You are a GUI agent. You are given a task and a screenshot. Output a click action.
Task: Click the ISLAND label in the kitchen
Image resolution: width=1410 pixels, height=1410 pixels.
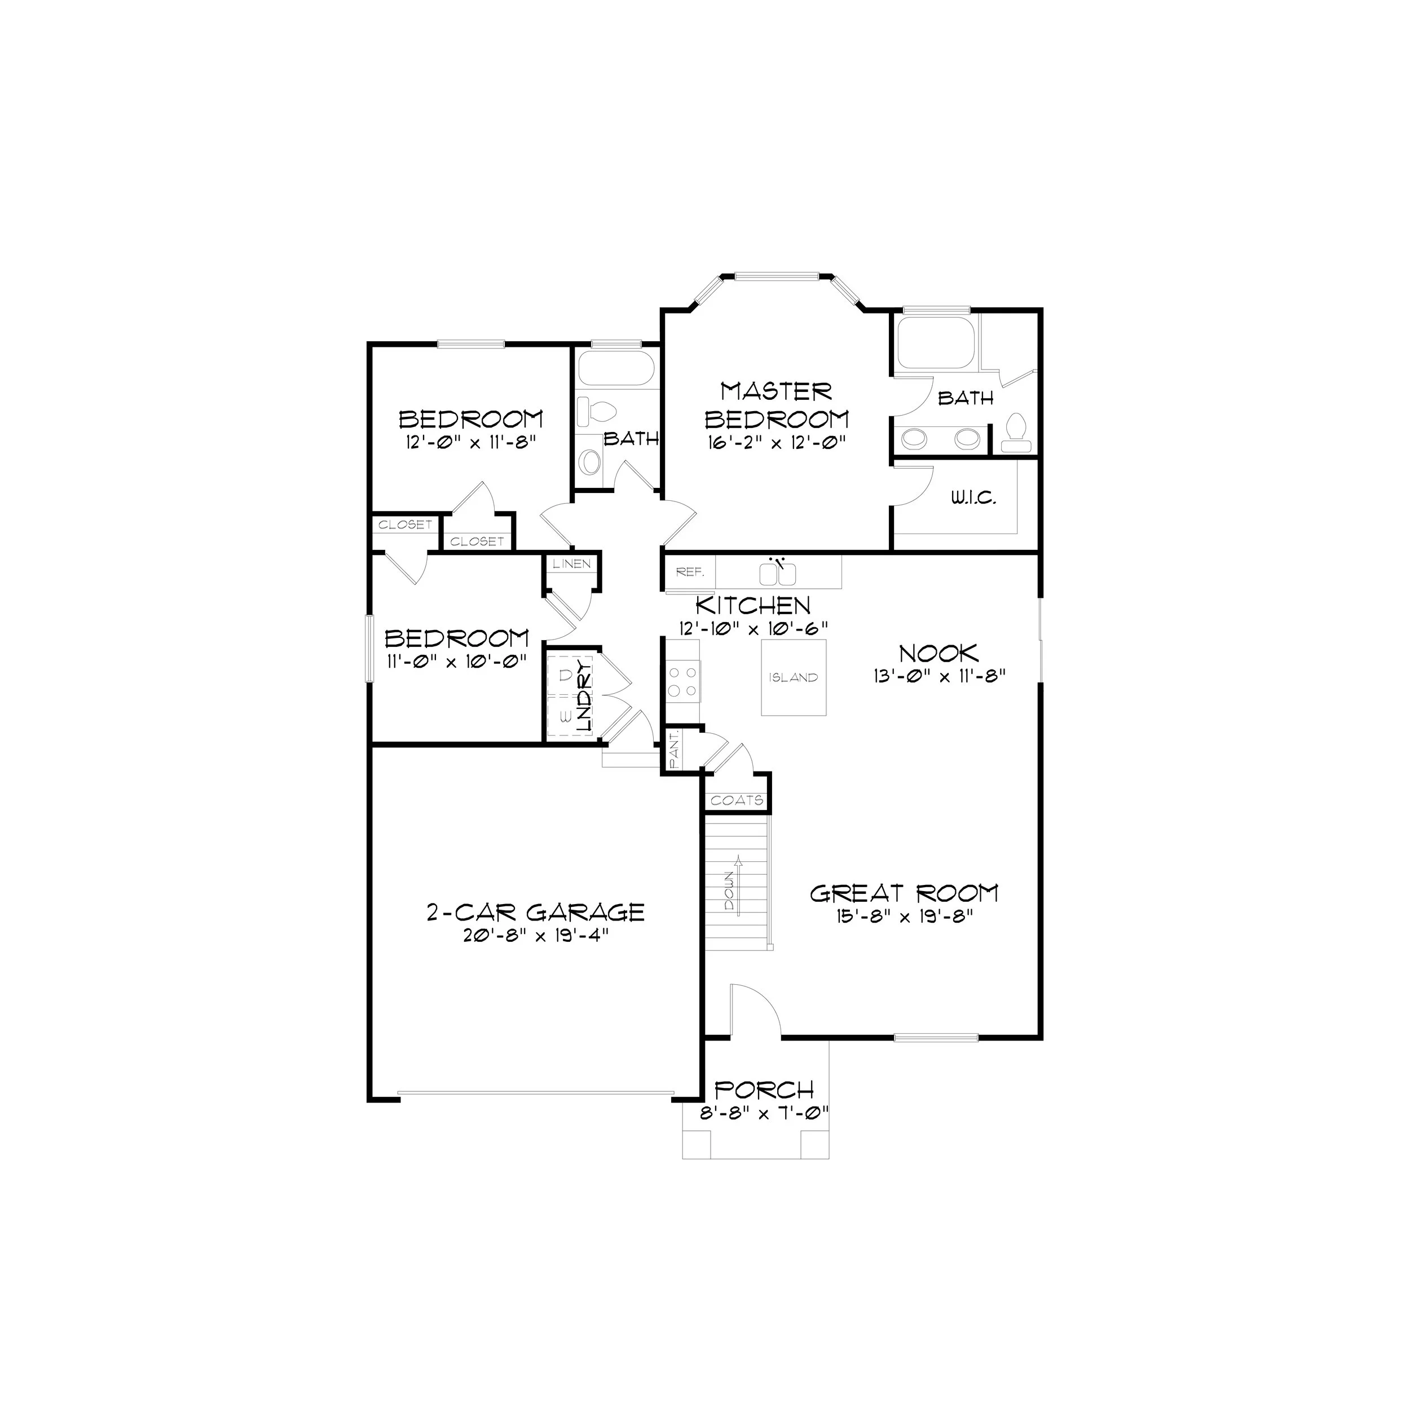(794, 677)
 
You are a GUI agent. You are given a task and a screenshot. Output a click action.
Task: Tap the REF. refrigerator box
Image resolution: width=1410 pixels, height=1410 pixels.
(690, 572)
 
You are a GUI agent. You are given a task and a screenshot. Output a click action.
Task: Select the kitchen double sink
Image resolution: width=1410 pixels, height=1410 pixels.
(777, 574)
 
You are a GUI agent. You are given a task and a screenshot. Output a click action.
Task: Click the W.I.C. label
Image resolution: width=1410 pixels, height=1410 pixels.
(973, 499)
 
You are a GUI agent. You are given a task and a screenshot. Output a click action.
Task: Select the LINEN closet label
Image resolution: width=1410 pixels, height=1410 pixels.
(571, 564)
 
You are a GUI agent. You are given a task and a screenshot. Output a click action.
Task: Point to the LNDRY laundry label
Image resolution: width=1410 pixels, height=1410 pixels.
(583, 697)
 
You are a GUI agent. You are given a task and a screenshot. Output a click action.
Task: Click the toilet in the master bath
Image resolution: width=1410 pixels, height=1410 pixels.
(1016, 433)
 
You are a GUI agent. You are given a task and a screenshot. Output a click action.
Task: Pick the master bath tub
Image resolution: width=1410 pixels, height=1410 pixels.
(934, 342)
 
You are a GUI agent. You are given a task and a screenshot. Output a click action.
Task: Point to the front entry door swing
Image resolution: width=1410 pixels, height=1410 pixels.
(755, 1008)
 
